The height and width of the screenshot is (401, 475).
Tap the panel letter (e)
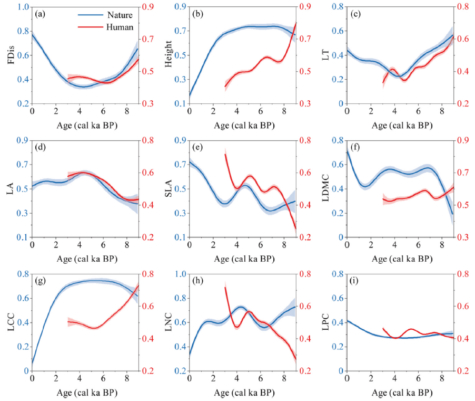pyautogui.click(x=197, y=148)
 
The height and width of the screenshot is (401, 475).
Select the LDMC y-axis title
pyautogui.click(x=325, y=188)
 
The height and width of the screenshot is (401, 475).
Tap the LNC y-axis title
pyautogui.click(x=168, y=322)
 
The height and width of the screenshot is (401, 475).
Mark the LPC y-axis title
pyautogui.click(x=325, y=322)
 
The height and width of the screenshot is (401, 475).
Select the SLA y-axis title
pyautogui.click(x=168, y=188)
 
